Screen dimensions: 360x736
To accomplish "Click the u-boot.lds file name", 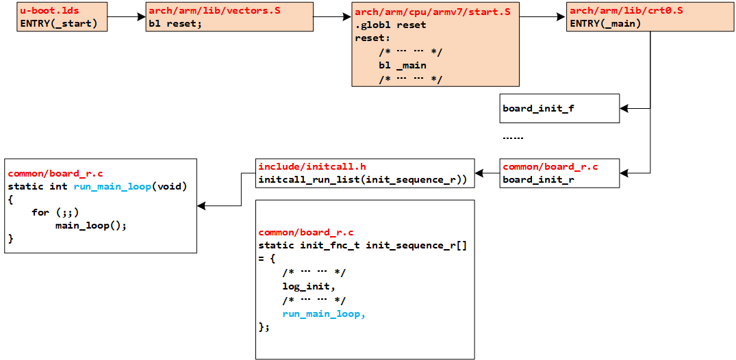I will point(45,11).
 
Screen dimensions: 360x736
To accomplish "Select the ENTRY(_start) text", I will point(58,23).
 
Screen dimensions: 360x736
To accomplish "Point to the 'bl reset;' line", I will point(175,23).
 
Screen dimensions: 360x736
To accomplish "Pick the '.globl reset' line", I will point(390,25).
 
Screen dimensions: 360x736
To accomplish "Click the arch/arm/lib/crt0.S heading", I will point(626,11).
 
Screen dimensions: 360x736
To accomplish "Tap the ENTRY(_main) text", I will point(605,23).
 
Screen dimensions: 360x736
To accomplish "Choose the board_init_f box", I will point(559,108).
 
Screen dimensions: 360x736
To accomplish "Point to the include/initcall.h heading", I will point(312,167).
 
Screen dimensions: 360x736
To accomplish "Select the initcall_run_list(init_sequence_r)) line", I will point(362,180).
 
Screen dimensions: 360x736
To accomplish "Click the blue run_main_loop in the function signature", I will point(112,186).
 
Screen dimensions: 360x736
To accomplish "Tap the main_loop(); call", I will point(91,225).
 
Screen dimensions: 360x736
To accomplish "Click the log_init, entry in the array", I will point(309,286).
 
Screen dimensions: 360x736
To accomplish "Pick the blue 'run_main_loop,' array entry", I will point(324,313).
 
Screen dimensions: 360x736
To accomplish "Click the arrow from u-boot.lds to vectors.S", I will point(127,17).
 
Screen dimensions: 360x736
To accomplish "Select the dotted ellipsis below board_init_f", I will point(513,138).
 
